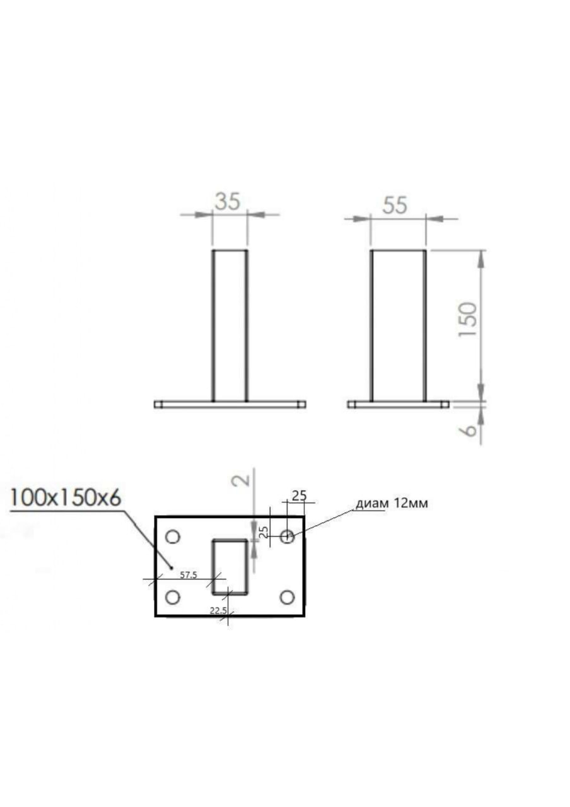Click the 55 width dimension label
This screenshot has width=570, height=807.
pyautogui.click(x=395, y=205)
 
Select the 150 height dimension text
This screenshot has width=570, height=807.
pyautogui.click(x=468, y=319)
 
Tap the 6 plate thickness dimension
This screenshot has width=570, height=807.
pyautogui.click(x=470, y=430)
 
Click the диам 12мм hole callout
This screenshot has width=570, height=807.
pyautogui.click(x=392, y=503)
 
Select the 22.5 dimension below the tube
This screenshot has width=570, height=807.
pyautogui.click(x=218, y=611)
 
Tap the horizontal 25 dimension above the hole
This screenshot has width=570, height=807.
pyautogui.click(x=299, y=496)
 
